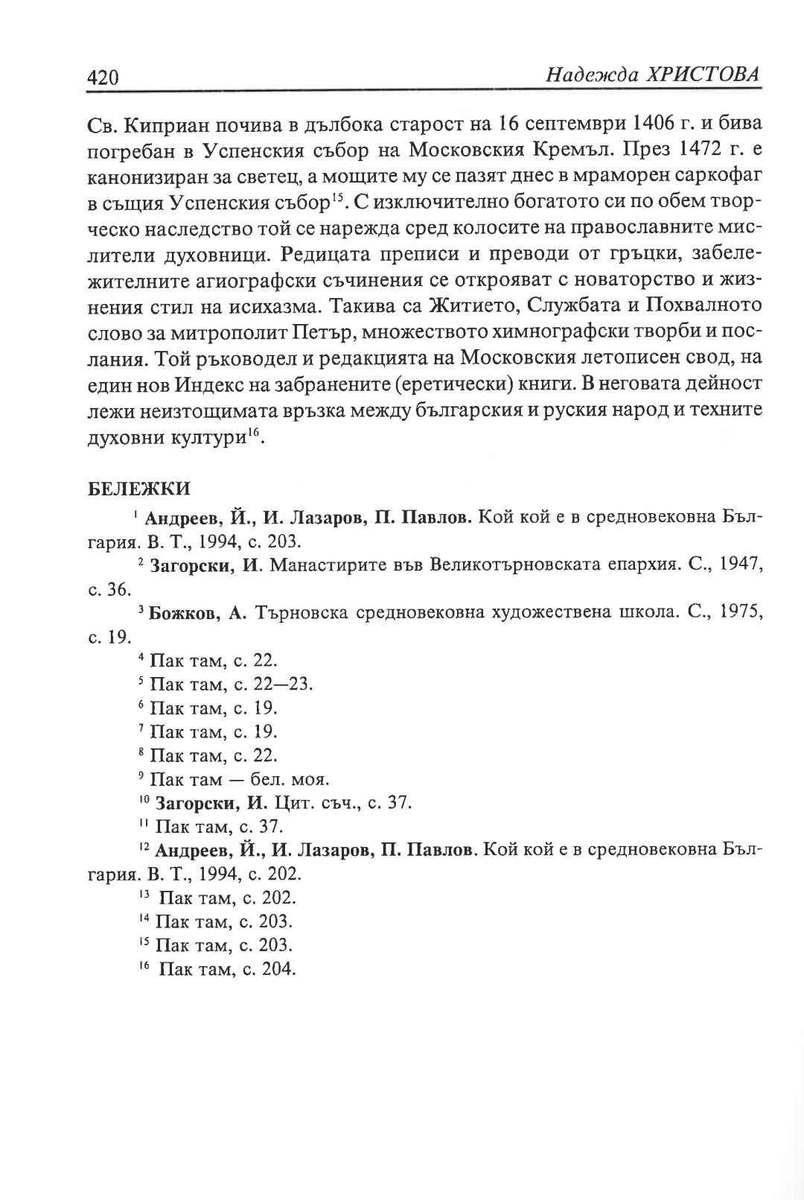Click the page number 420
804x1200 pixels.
click(x=103, y=77)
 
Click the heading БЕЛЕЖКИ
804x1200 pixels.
click(x=139, y=489)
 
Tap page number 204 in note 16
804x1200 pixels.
click(x=279, y=970)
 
